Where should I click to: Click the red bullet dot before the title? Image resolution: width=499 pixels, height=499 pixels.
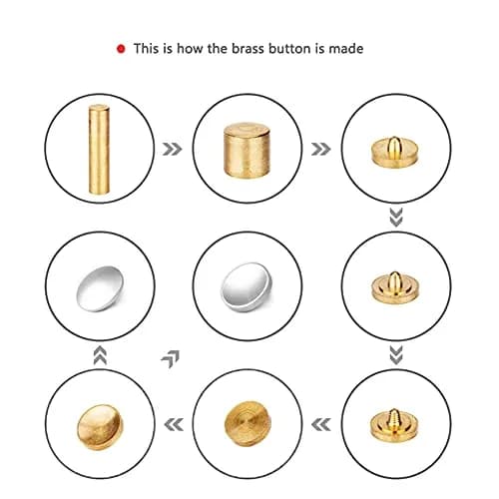tap(121, 49)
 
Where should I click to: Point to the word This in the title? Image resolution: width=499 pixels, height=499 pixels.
tap(146, 49)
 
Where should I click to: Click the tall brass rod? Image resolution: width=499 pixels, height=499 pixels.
tap(99, 149)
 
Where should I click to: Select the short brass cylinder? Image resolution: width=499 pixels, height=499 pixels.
tap(247, 150)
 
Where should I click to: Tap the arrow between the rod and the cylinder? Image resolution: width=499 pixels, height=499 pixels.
tap(173, 149)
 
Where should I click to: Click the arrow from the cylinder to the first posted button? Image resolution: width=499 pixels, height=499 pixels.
tap(321, 149)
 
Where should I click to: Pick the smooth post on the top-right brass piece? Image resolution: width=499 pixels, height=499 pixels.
tap(394, 146)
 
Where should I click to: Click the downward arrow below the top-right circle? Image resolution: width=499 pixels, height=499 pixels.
tap(396, 218)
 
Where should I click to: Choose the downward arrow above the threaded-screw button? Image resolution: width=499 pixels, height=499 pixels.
tap(396, 355)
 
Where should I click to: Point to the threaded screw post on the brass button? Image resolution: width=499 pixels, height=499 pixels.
tap(394, 419)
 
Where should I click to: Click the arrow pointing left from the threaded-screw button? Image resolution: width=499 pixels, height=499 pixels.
tap(321, 425)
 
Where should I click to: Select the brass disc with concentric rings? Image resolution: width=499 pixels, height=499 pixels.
tap(248, 424)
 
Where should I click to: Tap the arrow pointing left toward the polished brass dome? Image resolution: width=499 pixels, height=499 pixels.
tap(174, 425)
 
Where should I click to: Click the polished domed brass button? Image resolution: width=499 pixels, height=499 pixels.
tap(100, 427)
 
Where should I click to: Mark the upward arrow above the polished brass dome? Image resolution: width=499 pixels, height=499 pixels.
tap(100, 355)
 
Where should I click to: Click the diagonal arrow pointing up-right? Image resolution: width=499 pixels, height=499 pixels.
tap(171, 359)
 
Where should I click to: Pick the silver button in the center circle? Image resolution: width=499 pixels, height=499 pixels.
tap(247, 288)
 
